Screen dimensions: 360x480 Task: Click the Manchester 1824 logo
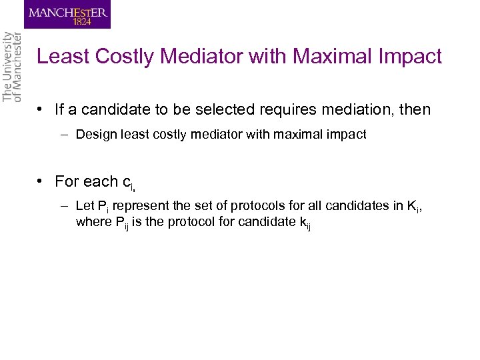click(67, 14)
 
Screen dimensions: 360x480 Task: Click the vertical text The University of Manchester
click(12, 67)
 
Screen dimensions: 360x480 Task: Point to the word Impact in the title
click(410, 57)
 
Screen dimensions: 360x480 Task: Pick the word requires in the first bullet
click(289, 109)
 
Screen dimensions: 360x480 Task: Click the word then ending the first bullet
click(415, 109)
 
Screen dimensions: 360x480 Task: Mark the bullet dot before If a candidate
click(41, 109)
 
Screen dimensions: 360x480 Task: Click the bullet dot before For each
click(41, 181)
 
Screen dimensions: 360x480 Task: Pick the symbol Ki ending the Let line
click(413, 208)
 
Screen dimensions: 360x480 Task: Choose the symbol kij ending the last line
click(305, 223)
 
